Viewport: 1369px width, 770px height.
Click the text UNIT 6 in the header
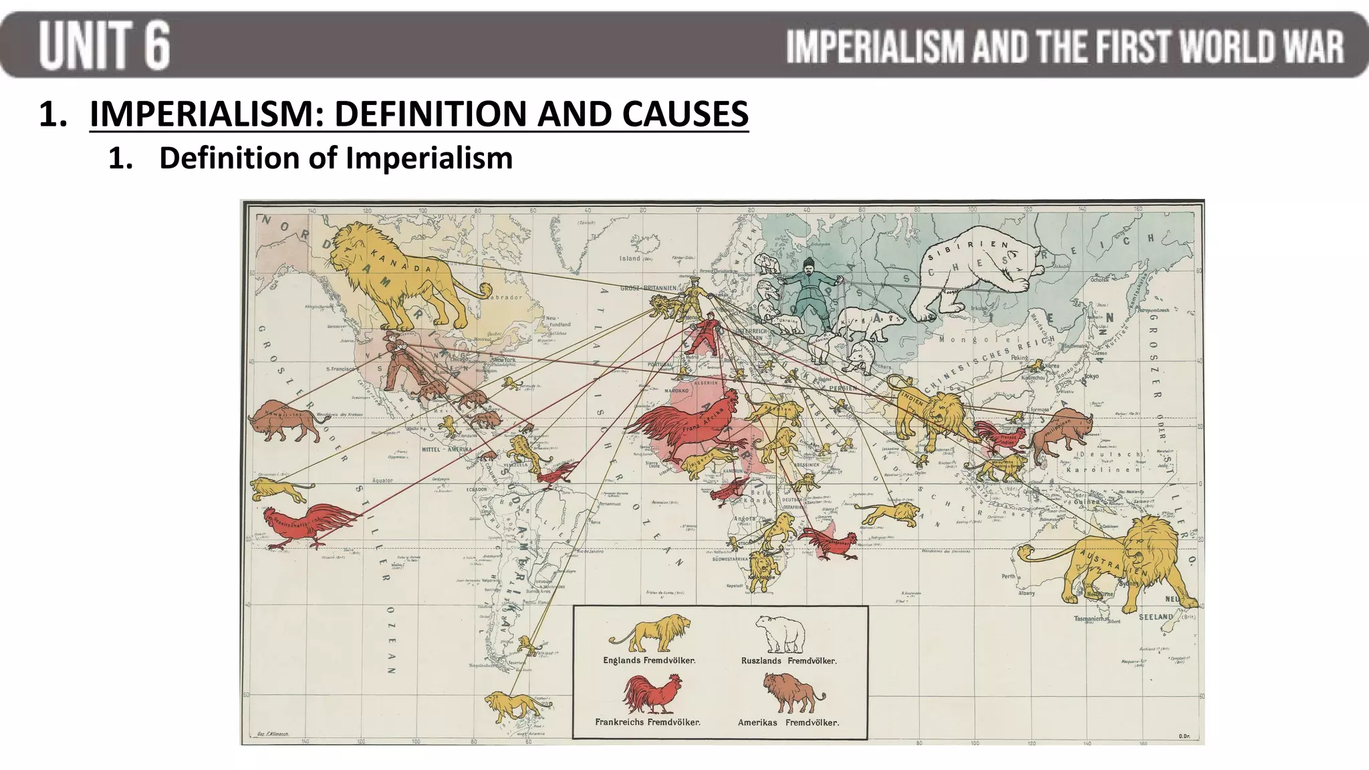coord(105,45)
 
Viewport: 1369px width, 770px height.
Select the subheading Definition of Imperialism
coord(336,158)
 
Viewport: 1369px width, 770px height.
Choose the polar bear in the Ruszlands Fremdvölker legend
coord(780,634)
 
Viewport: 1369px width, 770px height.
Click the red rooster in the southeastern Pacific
coord(311,525)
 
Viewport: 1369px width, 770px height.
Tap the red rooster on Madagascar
coord(829,541)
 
